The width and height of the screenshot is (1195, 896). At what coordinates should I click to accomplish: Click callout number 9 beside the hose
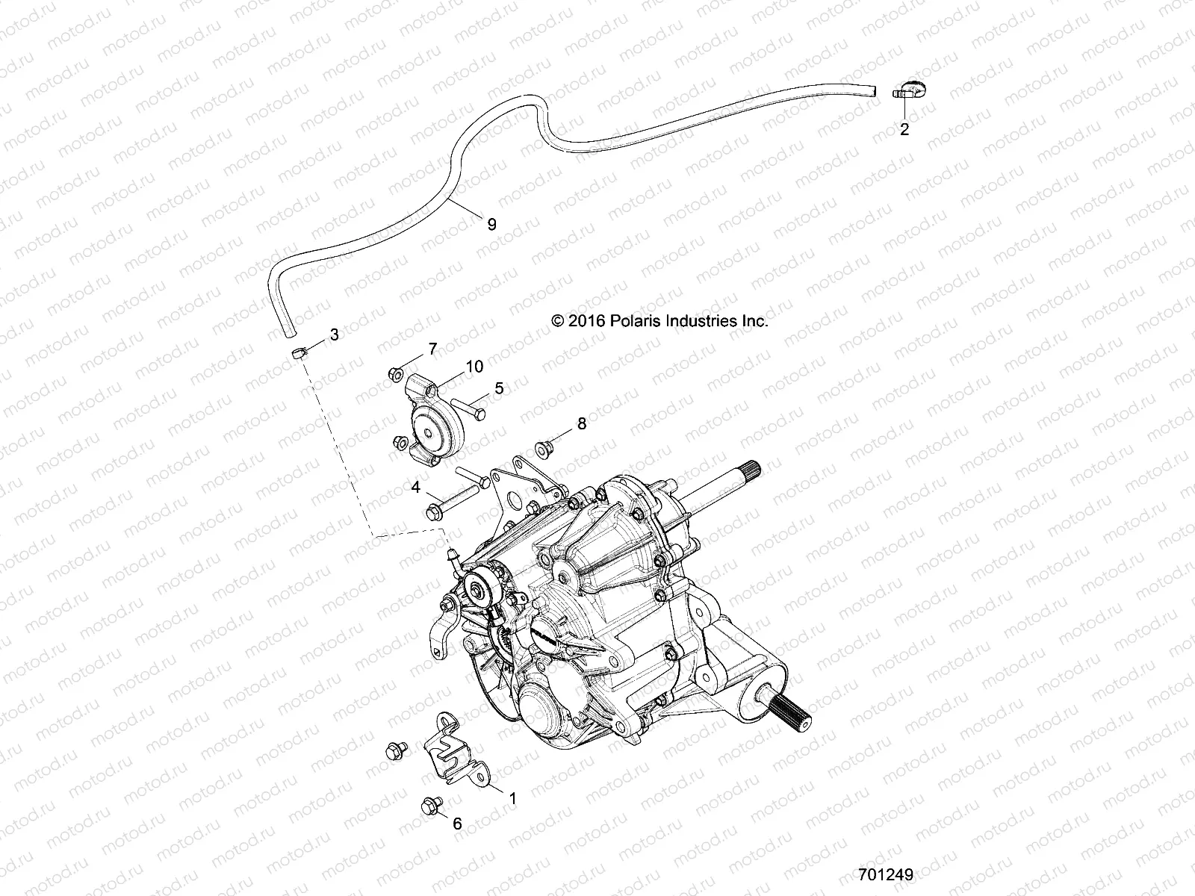491,225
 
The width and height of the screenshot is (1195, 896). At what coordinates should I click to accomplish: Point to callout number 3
334,335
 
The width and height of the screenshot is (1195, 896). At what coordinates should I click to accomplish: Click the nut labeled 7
395,374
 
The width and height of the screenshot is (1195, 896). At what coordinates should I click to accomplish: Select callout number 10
475,367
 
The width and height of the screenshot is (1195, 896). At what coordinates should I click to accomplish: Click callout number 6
457,824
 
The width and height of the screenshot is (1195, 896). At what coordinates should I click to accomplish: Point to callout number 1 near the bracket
512,798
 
